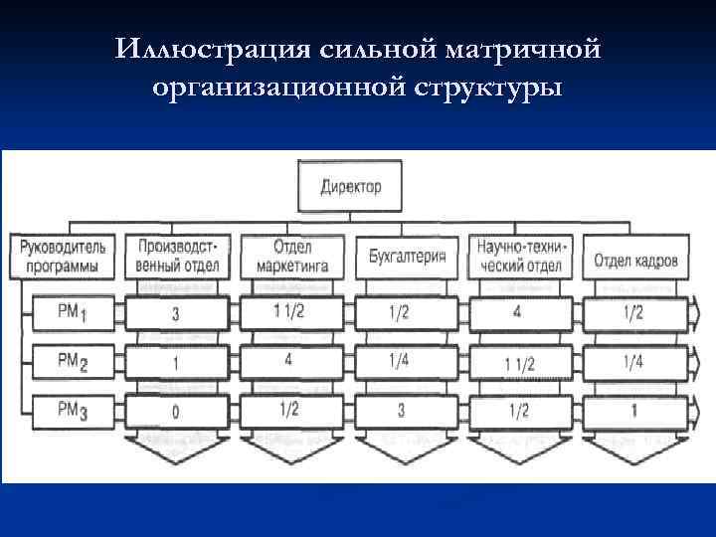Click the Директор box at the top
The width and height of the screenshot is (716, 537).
350,187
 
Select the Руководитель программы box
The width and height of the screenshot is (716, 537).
66,256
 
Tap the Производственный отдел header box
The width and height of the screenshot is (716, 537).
179,256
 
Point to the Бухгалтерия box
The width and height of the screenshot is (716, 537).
406,256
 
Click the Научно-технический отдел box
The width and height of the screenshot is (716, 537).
520,256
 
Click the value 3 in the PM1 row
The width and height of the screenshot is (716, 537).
175,314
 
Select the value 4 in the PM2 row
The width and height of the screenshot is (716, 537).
288,361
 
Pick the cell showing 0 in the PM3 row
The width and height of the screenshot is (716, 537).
175,411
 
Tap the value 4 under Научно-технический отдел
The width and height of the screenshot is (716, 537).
518,312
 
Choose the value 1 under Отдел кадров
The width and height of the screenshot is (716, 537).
633,409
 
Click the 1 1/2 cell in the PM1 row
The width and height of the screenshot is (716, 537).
288,313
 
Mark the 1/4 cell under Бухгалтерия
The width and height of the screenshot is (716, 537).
400,361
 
